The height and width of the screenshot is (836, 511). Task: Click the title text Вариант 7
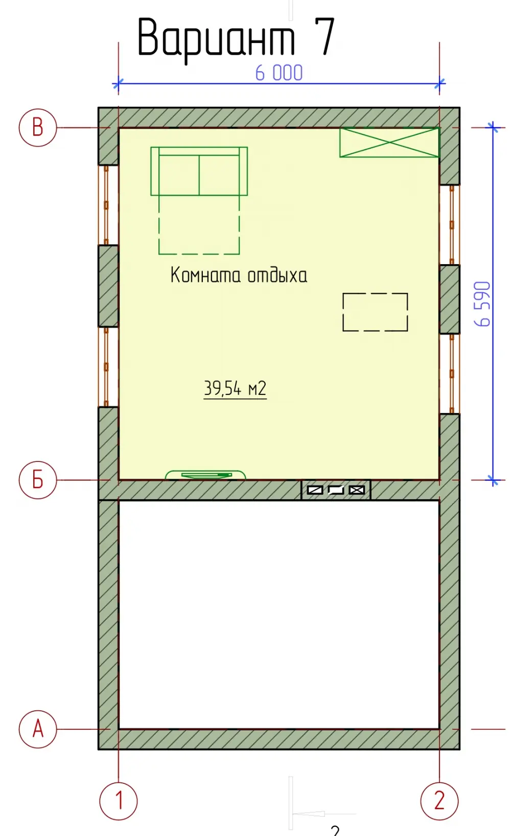[236, 38]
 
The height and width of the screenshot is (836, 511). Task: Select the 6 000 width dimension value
[279, 73]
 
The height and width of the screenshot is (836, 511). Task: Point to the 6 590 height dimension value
[482, 304]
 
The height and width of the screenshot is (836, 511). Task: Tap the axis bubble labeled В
[38, 128]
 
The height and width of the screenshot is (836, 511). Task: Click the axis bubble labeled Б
[38, 480]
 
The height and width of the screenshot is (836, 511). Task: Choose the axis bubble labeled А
[38, 729]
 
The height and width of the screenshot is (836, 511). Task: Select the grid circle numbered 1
[119, 801]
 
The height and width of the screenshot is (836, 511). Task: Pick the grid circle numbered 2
[439, 801]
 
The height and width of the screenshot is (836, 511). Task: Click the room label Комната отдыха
[239, 275]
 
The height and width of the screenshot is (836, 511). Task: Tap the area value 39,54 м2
[235, 388]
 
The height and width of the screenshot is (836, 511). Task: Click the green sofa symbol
[199, 171]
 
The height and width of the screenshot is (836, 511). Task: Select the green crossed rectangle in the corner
[389, 142]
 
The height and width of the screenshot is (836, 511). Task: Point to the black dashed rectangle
[375, 293]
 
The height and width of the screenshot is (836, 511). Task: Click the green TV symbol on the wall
[205, 475]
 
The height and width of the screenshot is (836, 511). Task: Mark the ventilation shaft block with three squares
[336, 490]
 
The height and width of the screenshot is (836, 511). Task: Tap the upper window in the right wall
[450, 225]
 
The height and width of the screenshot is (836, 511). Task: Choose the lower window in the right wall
[450, 373]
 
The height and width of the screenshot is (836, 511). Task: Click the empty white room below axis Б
[279, 614]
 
